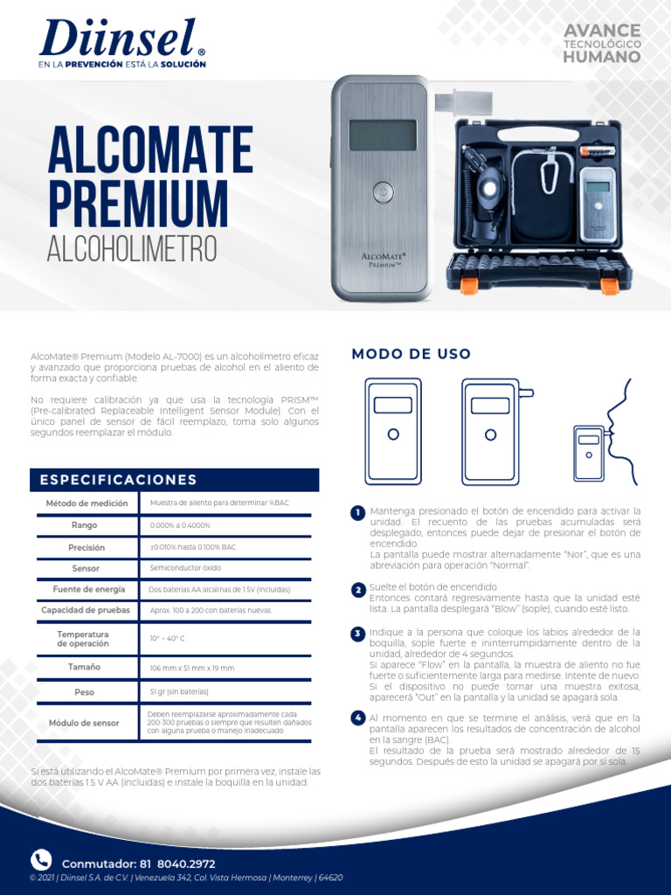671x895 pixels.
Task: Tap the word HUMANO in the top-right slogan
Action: tap(601, 58)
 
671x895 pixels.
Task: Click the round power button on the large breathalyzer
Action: tap(381, 192)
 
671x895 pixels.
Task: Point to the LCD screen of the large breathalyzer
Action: tap(382, 135)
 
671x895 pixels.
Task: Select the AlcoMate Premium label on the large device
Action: tap(382, 258)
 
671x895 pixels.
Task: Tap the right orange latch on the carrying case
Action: tap(610, 285)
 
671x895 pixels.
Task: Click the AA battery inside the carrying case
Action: tap(597, 150)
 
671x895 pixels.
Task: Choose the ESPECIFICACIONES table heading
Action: tap(119, 480)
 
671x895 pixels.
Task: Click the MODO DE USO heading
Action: tap(411, 354)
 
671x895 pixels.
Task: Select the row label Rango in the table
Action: tap(86, 525)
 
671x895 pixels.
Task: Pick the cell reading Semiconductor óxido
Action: tap(186, 568)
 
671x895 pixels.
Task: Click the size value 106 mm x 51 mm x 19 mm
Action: tap(192, 668)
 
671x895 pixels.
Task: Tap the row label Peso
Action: tap(86, 692)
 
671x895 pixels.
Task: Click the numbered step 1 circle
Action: tap(357, 512)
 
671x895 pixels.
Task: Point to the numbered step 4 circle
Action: tap(357, 718)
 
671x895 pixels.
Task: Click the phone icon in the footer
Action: tap(41, 859)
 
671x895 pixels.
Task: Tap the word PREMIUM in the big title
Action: tap(137, 199)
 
